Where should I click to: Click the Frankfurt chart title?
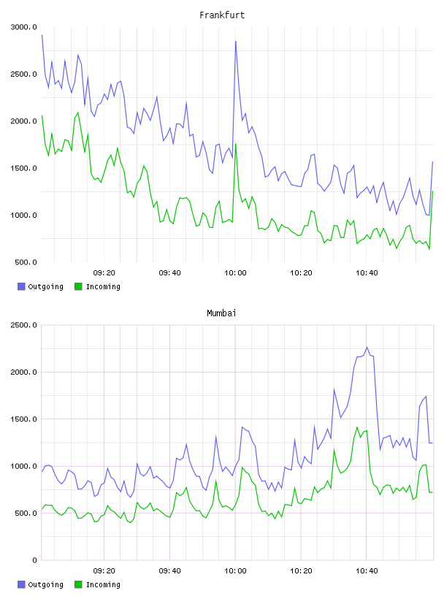tap(222, 15)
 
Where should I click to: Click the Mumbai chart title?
tap(221, 313)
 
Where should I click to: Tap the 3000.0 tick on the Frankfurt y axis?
tap(24, 27)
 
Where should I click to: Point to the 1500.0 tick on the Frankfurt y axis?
tap(24, 168)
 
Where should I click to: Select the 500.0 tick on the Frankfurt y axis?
tap(26, 262)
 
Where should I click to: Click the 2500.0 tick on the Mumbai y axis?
tap(24, 325)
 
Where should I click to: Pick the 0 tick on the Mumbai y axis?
tap(34, 560)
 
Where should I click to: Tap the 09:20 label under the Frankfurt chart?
tap(104, 273)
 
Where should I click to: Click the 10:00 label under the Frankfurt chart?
tap(235, 273)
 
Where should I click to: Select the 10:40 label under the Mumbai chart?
tap(367, 571)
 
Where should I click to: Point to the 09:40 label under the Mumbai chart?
tap(170, 571)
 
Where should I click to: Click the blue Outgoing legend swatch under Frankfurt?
tap(21, 286)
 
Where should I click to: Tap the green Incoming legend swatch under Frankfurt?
tap(78, 286)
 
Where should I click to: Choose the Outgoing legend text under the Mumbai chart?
tap(45, 584)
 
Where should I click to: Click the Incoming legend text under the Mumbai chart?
tap(103, 584)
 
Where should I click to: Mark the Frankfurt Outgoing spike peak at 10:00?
tap(236, 41)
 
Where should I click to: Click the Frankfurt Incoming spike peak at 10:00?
tap(236, 144)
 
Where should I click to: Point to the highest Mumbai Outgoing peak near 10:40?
tap(367, 347)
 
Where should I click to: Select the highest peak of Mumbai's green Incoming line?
tap(357, 427)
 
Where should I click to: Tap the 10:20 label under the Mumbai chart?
tap(301, 571)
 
